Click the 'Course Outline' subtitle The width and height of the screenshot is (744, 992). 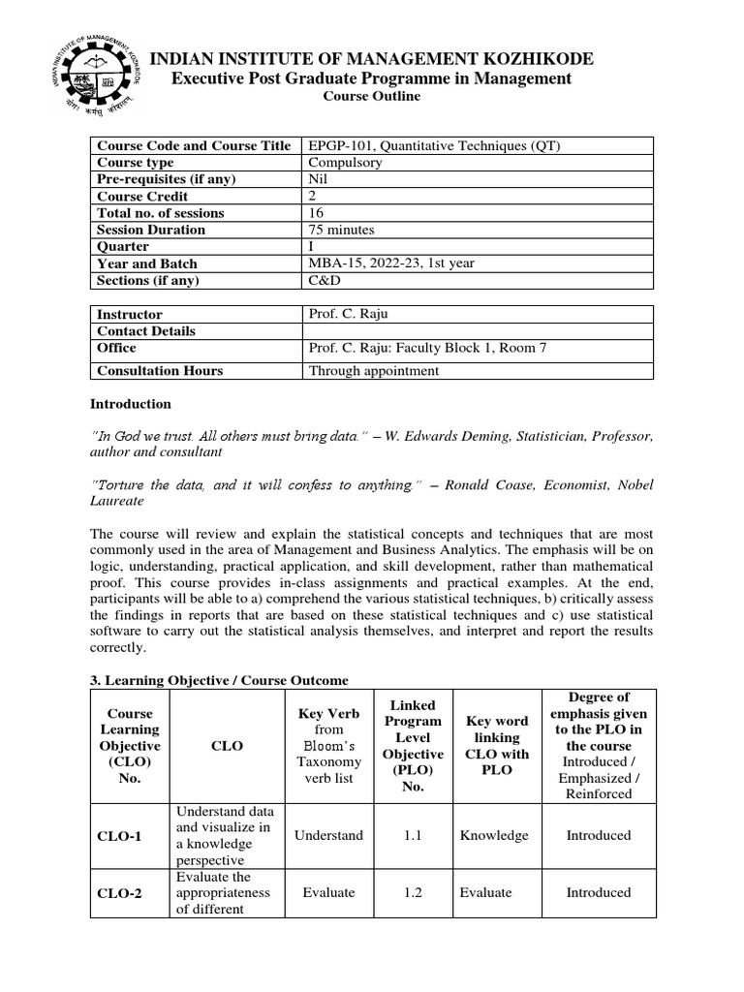point(371,97)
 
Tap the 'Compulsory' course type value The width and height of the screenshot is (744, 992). point(345,163)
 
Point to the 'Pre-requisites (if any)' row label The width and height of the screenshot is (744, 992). point(166,179)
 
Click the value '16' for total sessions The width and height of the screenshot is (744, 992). point(317,213)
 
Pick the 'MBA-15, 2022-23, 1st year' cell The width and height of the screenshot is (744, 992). point(391,263)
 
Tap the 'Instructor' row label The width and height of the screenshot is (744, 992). point(130,315)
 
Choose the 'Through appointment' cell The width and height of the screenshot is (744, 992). point(373,370)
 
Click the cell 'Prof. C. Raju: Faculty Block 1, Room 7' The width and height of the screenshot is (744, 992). point(428,348)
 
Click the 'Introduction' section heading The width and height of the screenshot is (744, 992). point(131,404)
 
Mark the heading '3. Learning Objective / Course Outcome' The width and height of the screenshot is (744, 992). point(219,680)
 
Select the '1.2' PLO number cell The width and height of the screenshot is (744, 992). point(413,892)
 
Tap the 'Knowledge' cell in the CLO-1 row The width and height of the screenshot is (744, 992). point(494,835)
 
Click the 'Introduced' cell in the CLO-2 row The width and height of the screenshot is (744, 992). point(598,892)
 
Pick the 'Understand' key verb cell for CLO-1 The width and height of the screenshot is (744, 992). point(328,835)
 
